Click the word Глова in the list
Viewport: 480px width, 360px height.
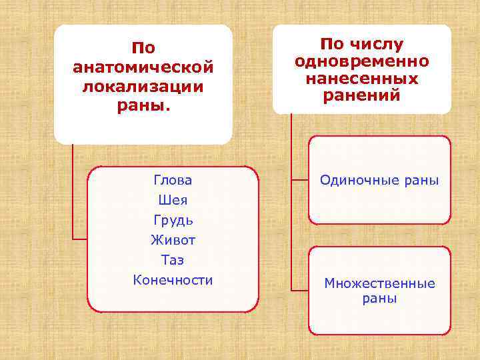[173, 180]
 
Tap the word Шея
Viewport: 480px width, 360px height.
[173, 200]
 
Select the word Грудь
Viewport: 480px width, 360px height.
[173, 220]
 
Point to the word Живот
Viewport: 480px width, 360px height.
[173, 240]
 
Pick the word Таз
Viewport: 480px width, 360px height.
[173, 260]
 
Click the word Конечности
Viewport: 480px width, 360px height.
[173, 280]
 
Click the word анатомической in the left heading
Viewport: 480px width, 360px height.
[143, 68]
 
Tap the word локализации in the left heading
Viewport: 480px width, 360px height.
[143, 88]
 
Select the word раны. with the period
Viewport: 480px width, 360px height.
[143, 107]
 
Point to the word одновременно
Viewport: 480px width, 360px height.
[362, 62]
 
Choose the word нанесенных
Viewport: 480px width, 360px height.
[362, 79]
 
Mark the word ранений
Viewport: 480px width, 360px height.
[362, 95]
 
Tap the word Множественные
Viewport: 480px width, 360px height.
[379, 284]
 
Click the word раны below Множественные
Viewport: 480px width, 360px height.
[379, 299]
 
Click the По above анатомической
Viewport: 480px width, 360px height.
[143, 49]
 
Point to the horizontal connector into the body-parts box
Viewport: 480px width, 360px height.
[80, 238]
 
